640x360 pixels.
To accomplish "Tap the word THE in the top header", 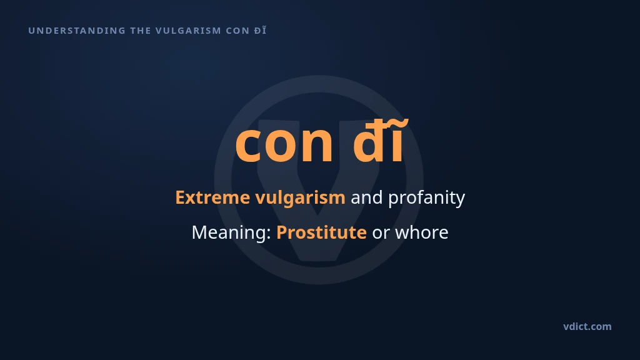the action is click(x=141, y=31).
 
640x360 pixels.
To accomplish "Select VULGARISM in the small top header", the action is click(x=188, y=31).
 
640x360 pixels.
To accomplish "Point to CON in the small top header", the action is click(x=237, y=31).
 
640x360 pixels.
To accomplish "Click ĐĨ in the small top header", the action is click(x=260, y=30).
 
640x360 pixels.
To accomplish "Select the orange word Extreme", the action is click(x=212, y=197).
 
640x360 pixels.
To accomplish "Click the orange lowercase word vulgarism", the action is click(x=301, y=198).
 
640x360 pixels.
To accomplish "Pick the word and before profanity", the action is click(x=366, y=197).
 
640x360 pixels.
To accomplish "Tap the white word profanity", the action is click(x=426, y=198).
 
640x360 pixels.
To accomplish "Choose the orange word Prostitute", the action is click(x=322, y=232).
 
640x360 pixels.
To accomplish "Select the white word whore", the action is click(x=422, y=232).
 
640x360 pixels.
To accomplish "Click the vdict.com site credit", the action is click(x=587, y=326).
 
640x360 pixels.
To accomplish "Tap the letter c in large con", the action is click(x=247, y=144).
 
